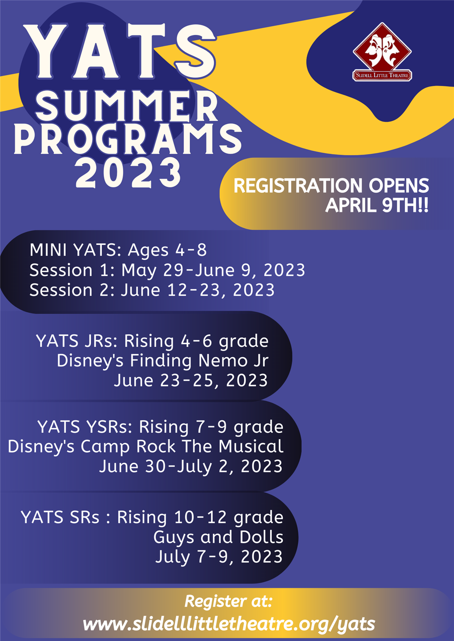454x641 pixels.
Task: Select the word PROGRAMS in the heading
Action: tap(128, 139)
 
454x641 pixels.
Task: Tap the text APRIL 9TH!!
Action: tap(377, 205)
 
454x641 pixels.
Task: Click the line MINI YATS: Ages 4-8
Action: tap(118, 250)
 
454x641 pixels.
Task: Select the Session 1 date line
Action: tap(168, 270)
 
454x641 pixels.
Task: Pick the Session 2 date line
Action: tap(152, 290)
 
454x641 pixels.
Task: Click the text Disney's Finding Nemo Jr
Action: tap(163, 360)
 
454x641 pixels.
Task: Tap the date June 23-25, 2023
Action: tap(191, 381)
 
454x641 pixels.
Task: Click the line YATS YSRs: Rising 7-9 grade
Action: tap(160, 427)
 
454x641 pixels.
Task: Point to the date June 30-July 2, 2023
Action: tap(191, 466)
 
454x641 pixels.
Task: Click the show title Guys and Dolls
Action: tap(218, 537)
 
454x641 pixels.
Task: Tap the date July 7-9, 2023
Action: tap(219, 557)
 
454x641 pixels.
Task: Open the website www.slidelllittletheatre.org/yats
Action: tap(229, 624)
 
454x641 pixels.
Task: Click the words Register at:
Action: tap(228, 601)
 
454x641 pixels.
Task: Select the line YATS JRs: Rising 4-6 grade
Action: tap(152, 341)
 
